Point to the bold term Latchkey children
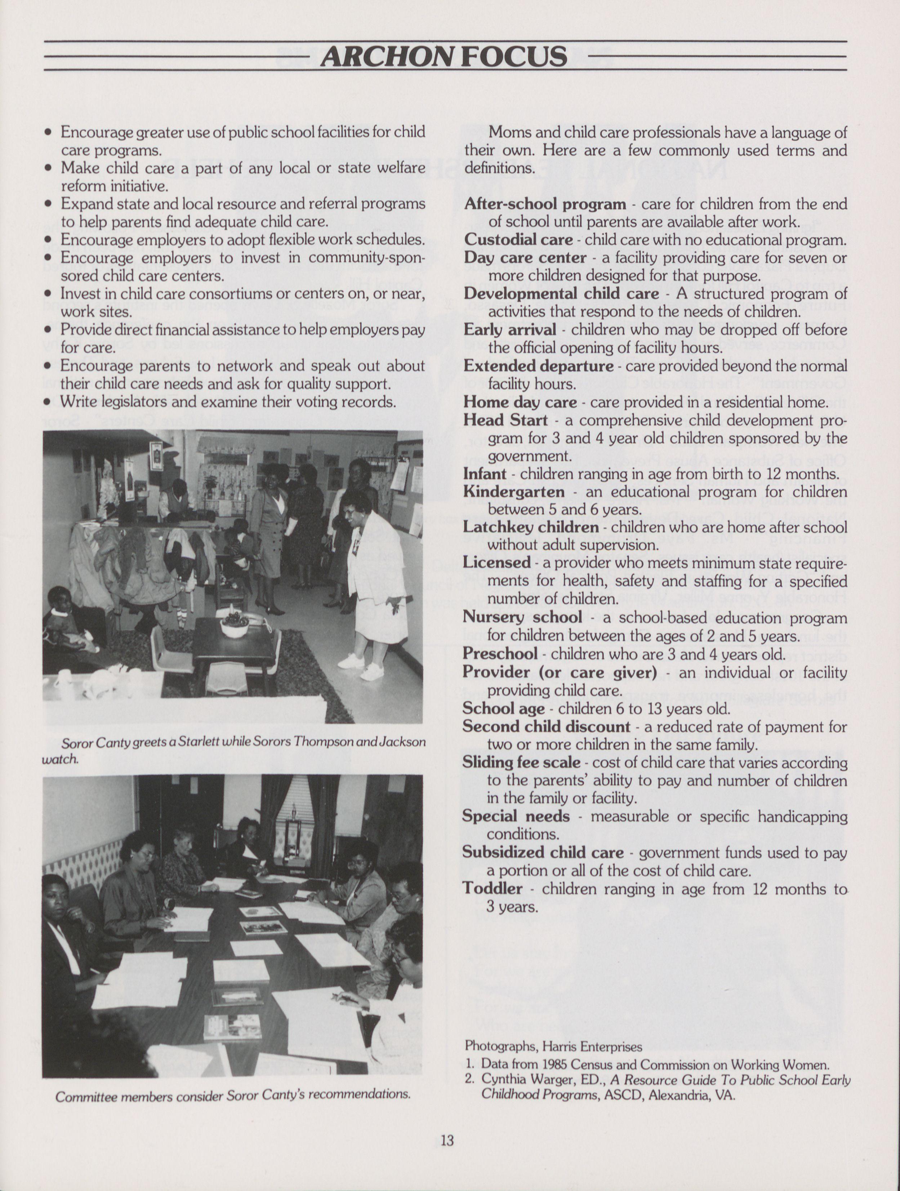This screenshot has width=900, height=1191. [530, 527]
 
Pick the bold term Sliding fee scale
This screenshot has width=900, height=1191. [521, 763]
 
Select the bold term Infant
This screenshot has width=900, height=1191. [485, 474]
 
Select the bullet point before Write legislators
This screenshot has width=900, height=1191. [48, 402]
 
